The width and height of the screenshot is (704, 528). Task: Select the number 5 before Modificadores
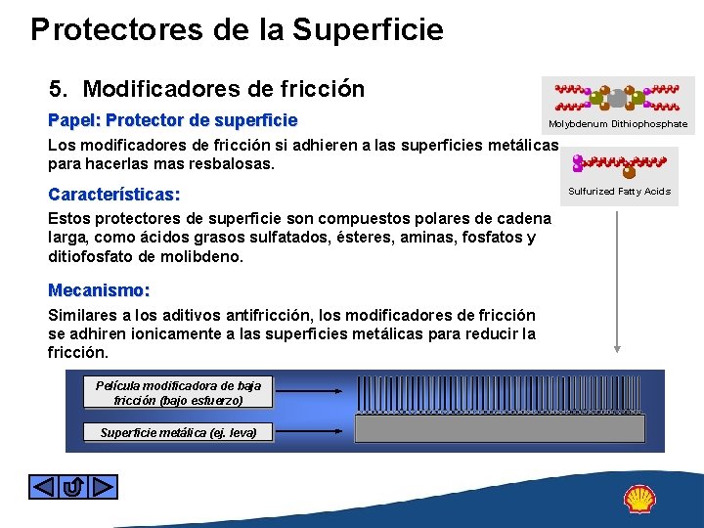pos(58,90)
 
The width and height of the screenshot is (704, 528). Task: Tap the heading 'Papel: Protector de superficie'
pos(173,121)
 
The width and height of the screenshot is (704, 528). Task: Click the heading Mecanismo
pos(99,290)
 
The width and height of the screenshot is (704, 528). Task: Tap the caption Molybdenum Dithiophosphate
pos(618,124)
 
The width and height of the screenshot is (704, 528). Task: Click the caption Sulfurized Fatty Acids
pos(619,192)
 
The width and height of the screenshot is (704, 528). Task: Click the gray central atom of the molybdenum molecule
pos(618,97)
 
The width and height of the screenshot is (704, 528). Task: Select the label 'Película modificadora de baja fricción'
pos(178,393)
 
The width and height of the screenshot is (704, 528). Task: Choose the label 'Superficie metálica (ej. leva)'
pos(178,432)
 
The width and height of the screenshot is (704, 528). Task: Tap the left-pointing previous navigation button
pos(44,486)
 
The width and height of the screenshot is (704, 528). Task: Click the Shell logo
pos(639,499)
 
